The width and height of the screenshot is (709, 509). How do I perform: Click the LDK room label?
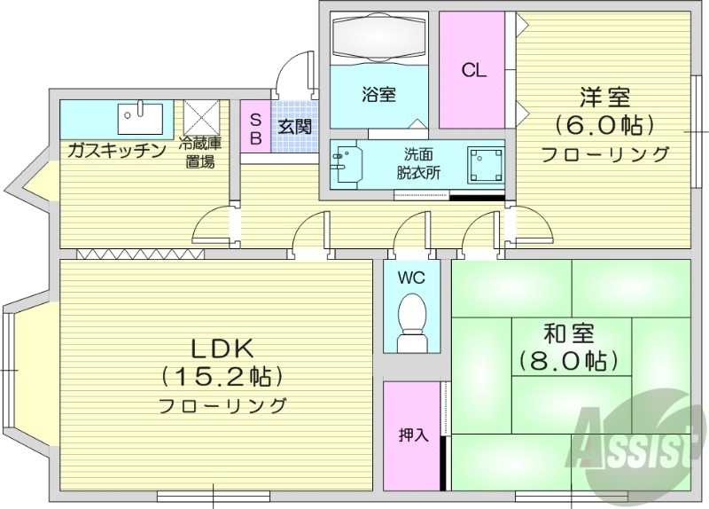point(221,348)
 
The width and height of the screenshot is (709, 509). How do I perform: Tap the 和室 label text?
point(569,334)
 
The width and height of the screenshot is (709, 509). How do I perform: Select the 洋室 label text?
point(605,95)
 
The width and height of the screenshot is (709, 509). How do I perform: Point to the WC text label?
point(411,278)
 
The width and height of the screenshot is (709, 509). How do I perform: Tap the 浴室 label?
point(378,94)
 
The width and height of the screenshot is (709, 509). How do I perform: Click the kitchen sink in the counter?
point(140,116)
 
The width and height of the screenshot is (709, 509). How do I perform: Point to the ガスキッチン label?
point(117,151)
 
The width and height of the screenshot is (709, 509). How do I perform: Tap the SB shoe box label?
point(255,129)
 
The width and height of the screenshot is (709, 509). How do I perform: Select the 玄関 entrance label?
point(294,127)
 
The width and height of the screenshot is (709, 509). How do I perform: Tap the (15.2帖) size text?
point(222,377)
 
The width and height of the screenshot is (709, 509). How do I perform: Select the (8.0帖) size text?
point(569,361)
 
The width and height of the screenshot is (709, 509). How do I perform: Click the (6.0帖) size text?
point(605,124)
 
